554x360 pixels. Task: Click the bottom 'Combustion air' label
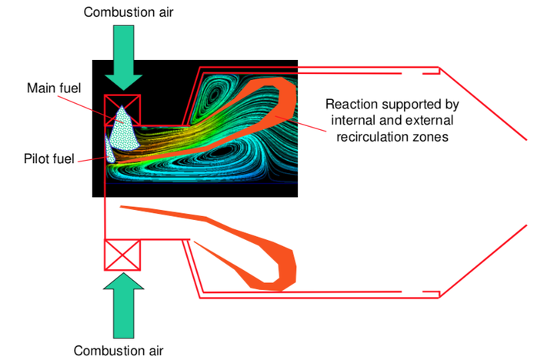pos(119,350)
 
